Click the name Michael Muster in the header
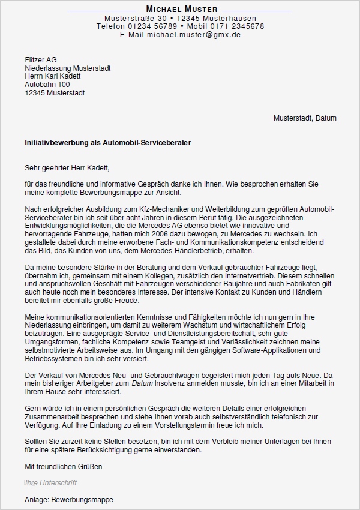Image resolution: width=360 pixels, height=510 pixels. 182,10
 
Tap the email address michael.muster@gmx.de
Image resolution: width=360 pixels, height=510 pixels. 180,35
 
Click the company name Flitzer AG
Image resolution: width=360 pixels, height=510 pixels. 41,59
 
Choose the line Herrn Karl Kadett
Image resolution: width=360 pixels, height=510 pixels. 53,76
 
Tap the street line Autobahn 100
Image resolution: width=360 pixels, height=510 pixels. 47,85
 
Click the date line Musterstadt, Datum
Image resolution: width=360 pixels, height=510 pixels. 305,118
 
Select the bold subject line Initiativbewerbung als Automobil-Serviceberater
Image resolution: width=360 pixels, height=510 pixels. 108,143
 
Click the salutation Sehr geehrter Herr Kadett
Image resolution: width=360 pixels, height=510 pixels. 68,168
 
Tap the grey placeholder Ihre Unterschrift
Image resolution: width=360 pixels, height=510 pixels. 50,483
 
